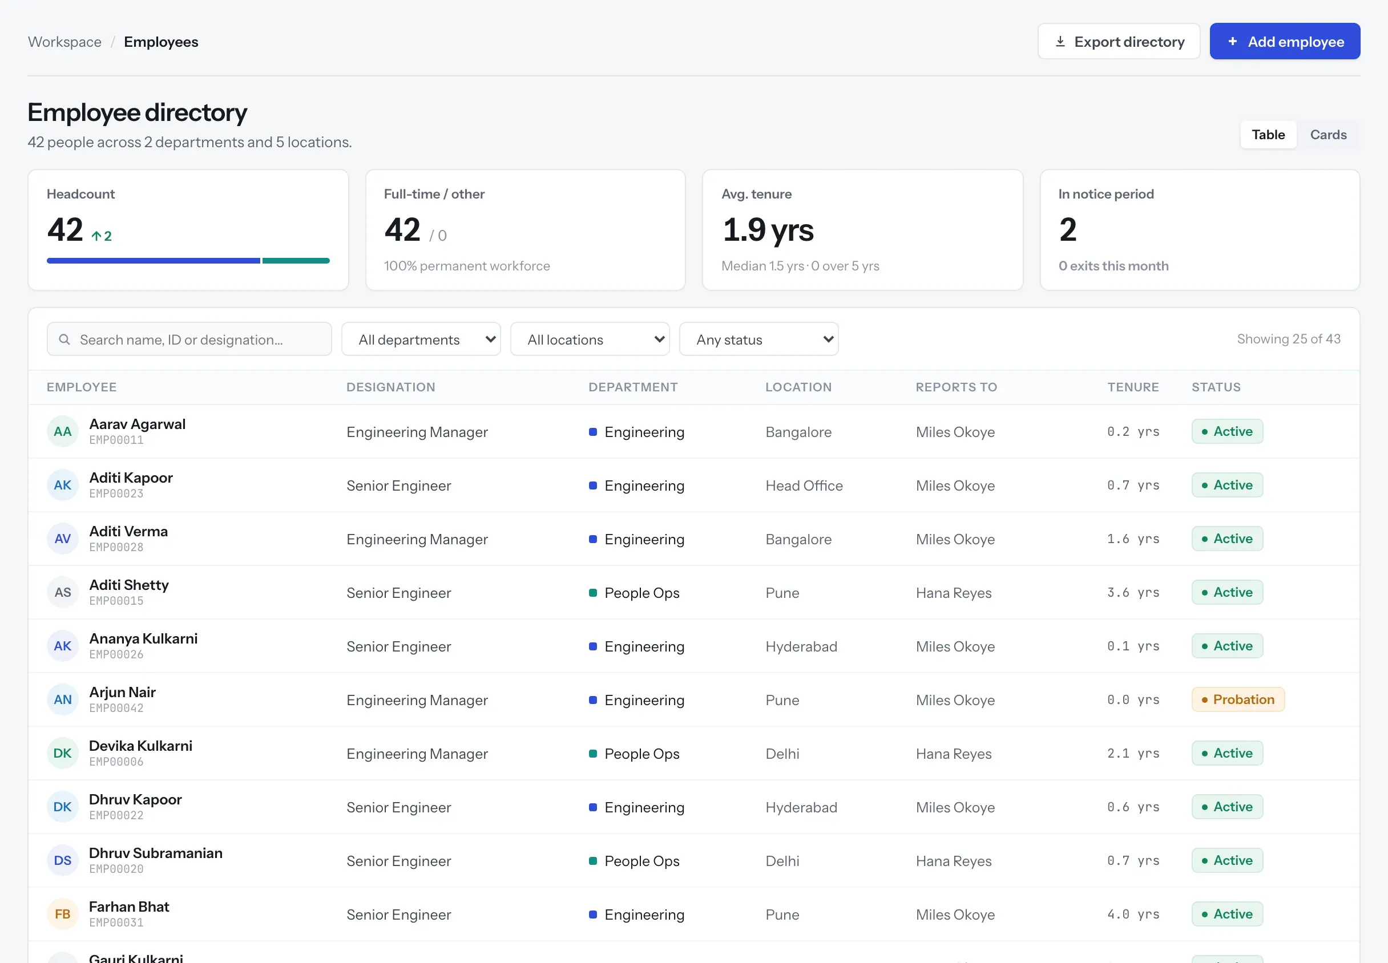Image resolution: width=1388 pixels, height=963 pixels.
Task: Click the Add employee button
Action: (1284, 42)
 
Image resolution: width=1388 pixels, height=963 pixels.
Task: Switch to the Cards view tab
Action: (1328, 135)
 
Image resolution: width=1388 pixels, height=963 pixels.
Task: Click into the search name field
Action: (189, 339)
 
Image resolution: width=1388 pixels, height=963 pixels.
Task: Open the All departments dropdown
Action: (421, 339)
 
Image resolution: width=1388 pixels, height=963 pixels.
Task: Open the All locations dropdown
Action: (590, 339)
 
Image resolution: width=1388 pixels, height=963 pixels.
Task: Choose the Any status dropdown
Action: (758, 339)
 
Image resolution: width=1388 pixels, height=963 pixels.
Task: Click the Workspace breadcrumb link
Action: (64, 42)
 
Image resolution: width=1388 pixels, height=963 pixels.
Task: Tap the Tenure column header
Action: (1133, 387)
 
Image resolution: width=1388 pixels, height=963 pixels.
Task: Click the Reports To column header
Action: (956, 387)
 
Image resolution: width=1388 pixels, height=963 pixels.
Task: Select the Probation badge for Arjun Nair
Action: (1238, 699)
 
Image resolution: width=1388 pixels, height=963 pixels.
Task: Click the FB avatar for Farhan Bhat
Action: (63, 914)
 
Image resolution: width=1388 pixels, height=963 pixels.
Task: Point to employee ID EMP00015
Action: (116, 601)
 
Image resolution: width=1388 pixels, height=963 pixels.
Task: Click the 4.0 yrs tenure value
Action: (1133, 914)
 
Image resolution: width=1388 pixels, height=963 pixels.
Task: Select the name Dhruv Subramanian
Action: (156, 852)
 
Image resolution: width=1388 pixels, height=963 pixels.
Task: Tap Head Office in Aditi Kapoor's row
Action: (804, 485)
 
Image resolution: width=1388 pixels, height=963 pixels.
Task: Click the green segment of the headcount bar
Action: (296, 261)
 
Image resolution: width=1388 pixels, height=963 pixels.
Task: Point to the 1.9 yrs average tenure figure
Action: (768, 230)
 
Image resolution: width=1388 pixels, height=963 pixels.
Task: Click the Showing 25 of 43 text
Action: (1289, 339)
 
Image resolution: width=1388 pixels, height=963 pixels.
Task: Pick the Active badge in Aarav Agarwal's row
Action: (1227, 431)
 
